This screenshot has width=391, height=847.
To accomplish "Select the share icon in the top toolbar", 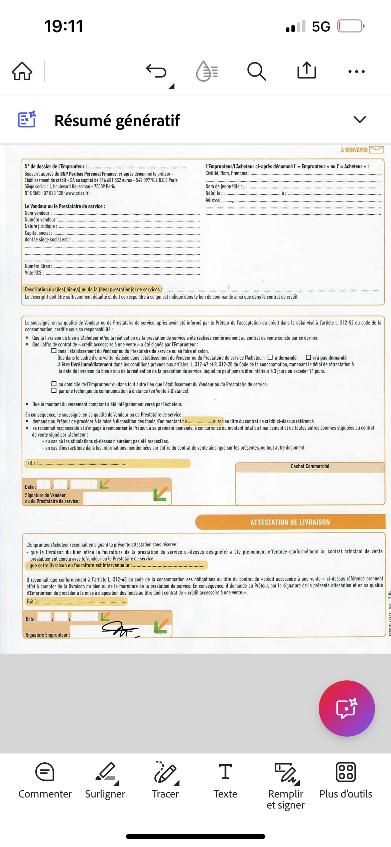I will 307,70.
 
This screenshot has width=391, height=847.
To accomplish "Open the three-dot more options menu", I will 357,71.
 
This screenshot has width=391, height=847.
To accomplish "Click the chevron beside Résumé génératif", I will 360,119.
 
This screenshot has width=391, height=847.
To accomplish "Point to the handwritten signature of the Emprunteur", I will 120,629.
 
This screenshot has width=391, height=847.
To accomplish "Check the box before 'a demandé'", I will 270,357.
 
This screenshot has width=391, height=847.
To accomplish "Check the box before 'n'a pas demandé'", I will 308,357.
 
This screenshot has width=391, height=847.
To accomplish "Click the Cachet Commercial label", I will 310,466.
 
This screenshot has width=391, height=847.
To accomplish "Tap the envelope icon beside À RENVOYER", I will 377,150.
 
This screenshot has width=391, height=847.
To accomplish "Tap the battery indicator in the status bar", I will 351,26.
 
